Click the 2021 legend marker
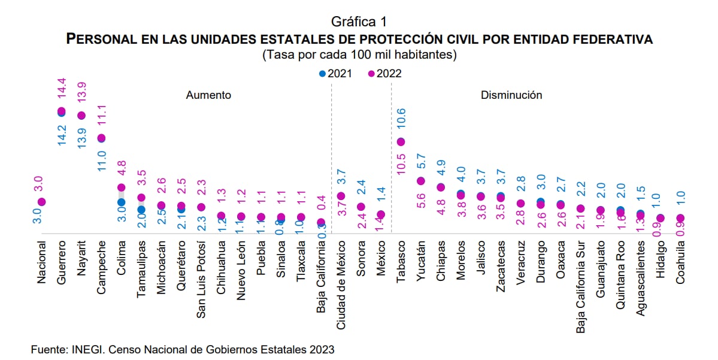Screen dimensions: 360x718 click(322, 74)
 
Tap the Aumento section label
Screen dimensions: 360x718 click(208, 95)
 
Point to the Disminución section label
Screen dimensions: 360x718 click(511, 95)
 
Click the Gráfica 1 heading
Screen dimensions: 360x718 click(359, 22)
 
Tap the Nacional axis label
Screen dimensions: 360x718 click(41, 261)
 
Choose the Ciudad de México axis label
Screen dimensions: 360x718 click(341, 281)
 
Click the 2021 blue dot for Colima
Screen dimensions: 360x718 click(121, 202)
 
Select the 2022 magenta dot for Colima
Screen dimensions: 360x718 click(121, 187)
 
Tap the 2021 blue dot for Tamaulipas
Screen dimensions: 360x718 click(141, 210)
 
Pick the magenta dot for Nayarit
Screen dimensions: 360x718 click(81, 116)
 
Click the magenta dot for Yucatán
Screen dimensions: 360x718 click(421, 181)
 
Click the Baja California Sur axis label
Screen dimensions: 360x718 click(581, 280)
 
